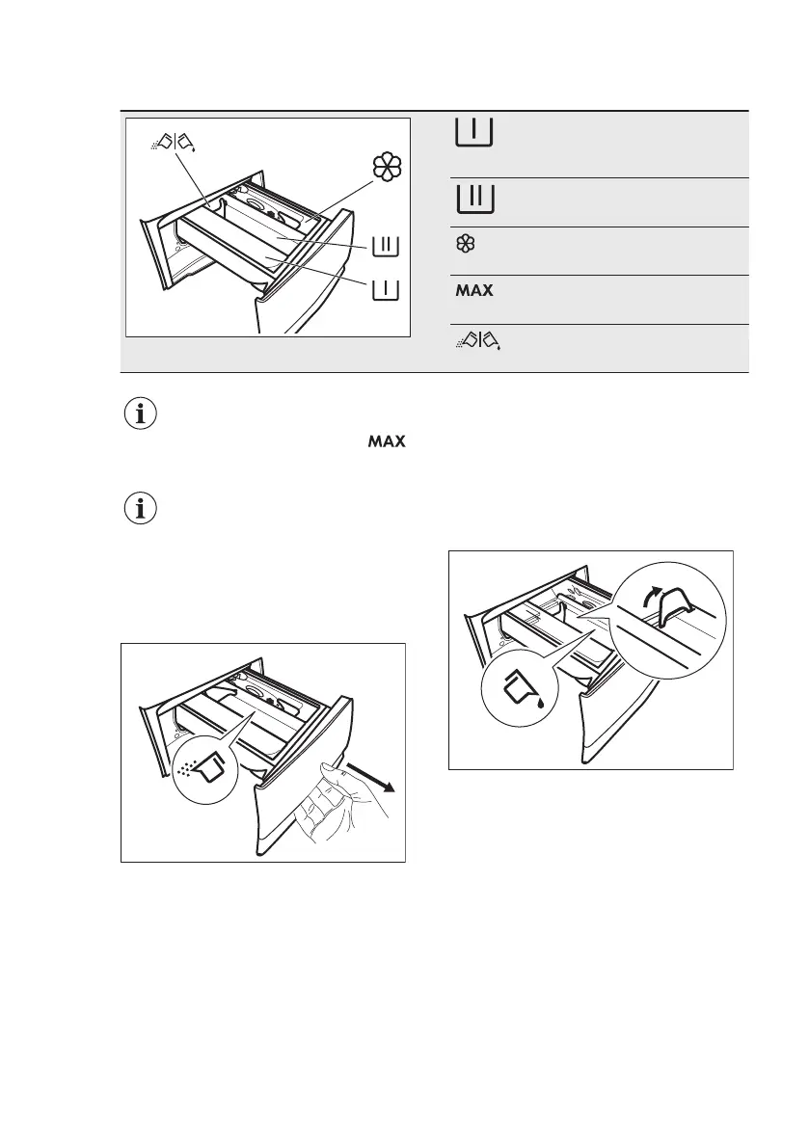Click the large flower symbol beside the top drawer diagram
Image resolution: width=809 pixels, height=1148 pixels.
pos(387,168)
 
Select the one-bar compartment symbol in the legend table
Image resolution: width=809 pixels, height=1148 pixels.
pos(473,133)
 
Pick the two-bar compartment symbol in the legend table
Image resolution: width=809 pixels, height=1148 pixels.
pos(473,199)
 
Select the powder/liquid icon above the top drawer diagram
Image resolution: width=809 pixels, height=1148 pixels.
pos(175,144)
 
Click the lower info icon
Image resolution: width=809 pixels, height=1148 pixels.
pos(141,510)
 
